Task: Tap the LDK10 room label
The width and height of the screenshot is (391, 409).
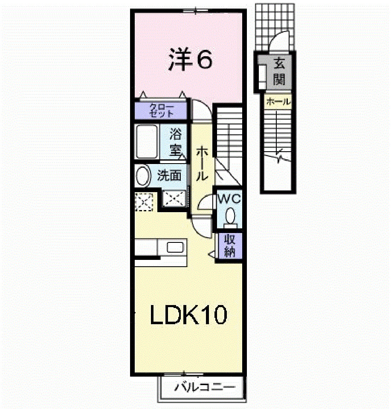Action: point(188,316)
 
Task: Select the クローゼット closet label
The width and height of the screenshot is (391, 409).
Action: point(161,110)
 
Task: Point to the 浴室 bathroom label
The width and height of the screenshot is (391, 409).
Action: point(175,142)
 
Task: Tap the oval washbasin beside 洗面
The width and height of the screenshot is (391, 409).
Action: point(143,176)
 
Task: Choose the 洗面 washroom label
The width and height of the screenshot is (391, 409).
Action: point(169,176)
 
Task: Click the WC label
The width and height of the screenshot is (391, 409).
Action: point(229,199)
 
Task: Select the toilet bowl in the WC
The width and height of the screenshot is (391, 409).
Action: point(231,216)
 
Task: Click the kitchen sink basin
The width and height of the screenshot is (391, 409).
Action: point(175,248)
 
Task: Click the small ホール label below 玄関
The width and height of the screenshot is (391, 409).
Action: point(278,102)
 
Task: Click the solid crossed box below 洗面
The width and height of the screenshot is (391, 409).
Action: point(174,199)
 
